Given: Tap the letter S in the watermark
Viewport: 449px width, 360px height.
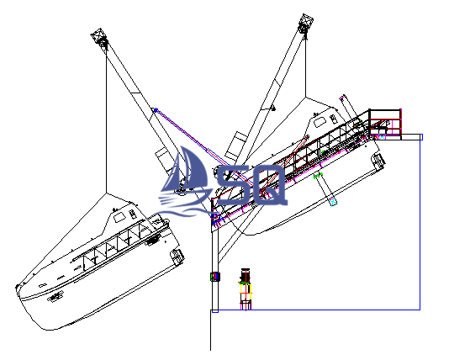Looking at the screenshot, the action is pyautogui.click(x=231, y=185).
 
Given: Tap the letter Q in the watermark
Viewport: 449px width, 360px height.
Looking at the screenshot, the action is pyautogui.click(x=268, y=185).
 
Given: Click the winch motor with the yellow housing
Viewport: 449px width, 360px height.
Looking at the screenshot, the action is pyautogui.click(x=246, y=289).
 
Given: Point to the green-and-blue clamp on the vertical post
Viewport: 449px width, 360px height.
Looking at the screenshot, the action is pyautogui.click(x=215, y=277).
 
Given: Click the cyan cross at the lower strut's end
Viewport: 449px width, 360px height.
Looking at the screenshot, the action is pyautogui.click(x=333, y=202).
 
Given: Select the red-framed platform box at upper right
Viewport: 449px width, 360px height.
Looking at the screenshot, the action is pyautogui.click(x=385, y=122).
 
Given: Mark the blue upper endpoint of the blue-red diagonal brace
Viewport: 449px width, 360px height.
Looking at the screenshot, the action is pyautogui.click(x=156, y=109).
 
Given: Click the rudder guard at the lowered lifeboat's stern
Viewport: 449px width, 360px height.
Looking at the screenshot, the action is pyautogui.click(x=177, y=257).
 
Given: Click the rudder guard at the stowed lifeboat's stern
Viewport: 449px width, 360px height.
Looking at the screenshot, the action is pyautogui.click(x=378, y=161).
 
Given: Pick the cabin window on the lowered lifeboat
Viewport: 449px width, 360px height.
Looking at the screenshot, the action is pyautogui.click(x=119, y=218).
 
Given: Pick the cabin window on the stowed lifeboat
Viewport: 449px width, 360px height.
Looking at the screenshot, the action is pyautogui.click(x=320, y=122).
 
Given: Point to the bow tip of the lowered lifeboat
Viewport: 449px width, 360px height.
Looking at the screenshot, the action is pyautogui.click(x=17, y=286).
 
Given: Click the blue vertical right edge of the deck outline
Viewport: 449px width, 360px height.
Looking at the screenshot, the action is pyautogui.click(x=420, y=222).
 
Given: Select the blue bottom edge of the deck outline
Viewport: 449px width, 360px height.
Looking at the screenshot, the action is pyautogui.click(x=315, y=310).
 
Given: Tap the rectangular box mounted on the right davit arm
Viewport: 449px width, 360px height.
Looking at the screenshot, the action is pyautogui.click(x=235, y=146).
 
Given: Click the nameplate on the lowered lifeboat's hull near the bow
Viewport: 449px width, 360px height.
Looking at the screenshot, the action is pyautogui.click(x=55, y=296).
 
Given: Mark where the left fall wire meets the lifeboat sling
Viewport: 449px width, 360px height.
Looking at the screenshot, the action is pyautogui.click(x=106, y=193).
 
